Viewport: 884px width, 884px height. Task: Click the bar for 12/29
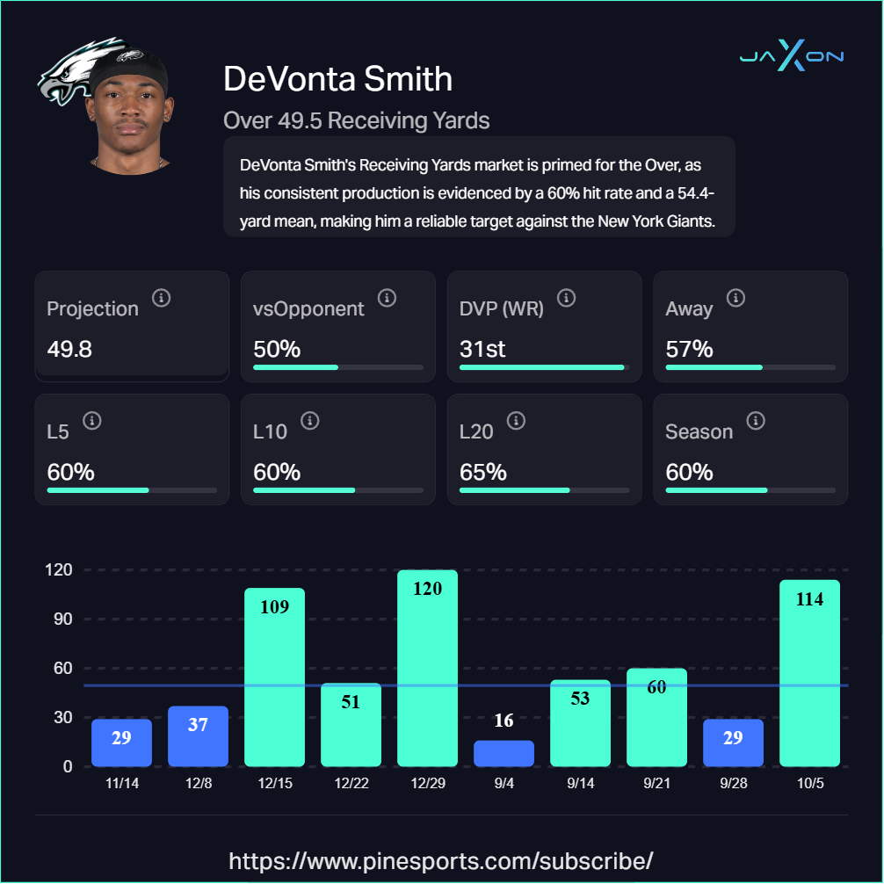(427, 668)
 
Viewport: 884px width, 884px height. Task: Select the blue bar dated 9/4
(504, 753)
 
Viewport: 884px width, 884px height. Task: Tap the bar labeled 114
(809, 673)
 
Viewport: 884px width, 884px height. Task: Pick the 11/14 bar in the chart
(121, 743)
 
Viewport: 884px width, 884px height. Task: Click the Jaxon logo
(791, 58)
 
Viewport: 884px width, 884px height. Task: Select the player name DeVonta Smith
(337, 79)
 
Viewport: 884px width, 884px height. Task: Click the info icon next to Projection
(161, 298)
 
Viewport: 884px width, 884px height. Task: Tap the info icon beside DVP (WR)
(567, 298)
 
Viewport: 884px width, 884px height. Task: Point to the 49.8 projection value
(69, 349)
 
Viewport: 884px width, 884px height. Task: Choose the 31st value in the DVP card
(482, 349)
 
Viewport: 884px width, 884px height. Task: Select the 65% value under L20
(482, 472)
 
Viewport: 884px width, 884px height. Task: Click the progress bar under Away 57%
(750, 366)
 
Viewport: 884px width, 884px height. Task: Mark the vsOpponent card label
(308, 308)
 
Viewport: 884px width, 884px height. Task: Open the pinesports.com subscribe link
(441, 859)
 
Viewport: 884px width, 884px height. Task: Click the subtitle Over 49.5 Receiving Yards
(356, 120)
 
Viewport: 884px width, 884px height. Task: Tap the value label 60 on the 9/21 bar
(656, 688)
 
